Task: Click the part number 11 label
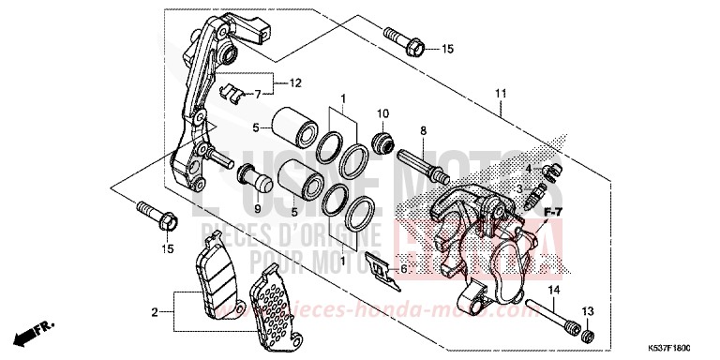[x=502, y=93]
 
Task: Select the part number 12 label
[x=294, y=82]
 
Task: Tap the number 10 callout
[x=382, y=113]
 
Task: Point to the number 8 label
[x=423, y=130]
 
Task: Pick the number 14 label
[x=553, y=292]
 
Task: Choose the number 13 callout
[x=588, y=310]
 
